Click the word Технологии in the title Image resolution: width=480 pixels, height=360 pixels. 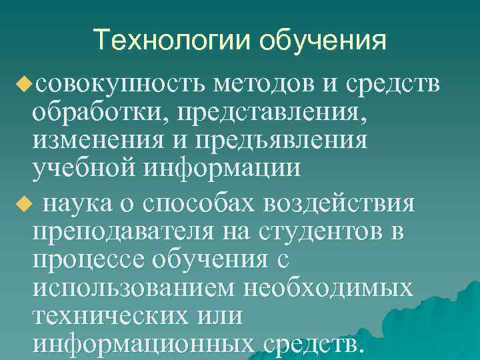pos(171,40)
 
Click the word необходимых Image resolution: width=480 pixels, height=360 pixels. pos(330,289)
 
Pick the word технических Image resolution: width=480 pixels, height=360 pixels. pos(109,317)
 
